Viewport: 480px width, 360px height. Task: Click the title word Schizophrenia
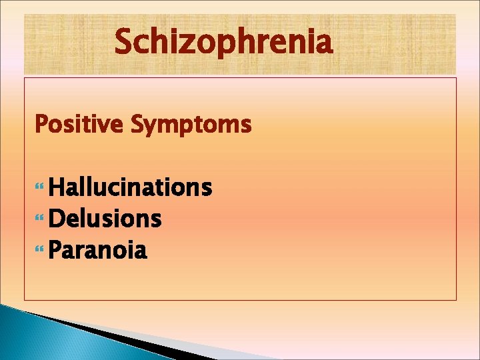(223, 43)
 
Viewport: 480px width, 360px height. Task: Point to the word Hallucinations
(130, 187)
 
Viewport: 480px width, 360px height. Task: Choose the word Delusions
(105, 219)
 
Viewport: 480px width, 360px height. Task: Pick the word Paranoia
(98, 251)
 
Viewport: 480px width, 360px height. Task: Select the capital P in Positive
(41, 124)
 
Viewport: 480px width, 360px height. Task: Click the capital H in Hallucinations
(56, 187)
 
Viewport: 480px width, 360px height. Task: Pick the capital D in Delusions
(57, 219)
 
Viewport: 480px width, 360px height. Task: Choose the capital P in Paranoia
(55, 251)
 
